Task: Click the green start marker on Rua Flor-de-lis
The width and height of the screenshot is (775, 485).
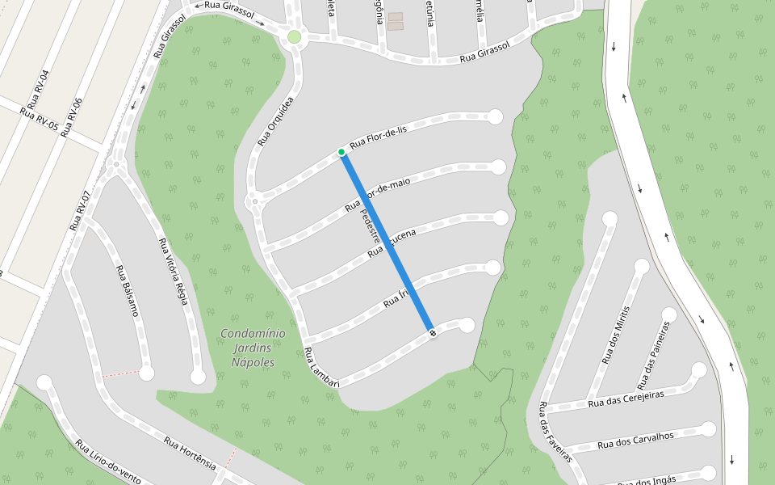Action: [341, 152]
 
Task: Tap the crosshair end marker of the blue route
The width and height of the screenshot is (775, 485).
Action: [433, 333]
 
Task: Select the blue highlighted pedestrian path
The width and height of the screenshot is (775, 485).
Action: [387, 242]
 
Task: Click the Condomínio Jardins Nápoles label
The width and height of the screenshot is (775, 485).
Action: [253, 348]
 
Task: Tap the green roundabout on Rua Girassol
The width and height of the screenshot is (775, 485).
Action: [295, 36]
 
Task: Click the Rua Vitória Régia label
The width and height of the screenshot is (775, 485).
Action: [174, 272]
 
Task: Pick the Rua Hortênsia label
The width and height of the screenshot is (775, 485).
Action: [190, 453]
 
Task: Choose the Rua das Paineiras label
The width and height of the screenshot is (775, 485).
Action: [653, 355]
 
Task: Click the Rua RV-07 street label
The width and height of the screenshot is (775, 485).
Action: [78, 210]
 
